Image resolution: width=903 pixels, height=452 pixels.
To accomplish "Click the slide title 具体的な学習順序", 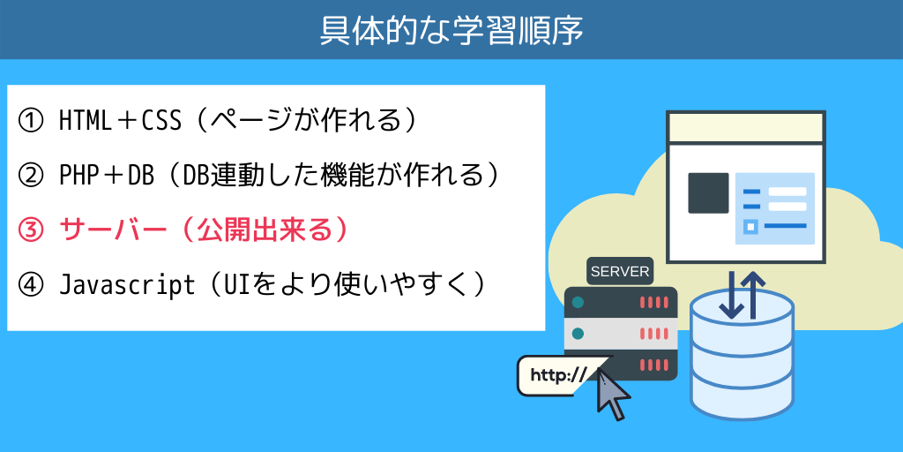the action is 451,31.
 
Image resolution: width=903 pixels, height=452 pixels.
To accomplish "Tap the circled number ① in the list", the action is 31,121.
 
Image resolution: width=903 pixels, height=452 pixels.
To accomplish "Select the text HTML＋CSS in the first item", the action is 120,121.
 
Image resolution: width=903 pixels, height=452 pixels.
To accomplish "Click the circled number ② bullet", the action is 31,176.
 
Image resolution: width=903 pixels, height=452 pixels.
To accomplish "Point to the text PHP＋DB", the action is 107,176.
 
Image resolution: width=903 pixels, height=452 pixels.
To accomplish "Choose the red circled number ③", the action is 31,230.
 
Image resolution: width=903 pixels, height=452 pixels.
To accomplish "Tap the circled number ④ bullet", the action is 31,285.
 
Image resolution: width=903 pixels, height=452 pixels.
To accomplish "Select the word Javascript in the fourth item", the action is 127,285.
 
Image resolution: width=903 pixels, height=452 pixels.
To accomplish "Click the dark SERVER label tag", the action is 620,271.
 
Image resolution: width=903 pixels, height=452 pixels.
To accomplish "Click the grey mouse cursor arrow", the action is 612,394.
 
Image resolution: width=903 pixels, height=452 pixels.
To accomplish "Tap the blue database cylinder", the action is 742,357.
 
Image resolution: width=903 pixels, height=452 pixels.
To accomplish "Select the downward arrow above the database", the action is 731,295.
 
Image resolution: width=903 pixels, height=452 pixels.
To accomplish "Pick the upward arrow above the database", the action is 753,295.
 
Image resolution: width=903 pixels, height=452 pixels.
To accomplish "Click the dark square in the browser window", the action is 708,193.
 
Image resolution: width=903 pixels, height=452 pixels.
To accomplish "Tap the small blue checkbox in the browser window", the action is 750,227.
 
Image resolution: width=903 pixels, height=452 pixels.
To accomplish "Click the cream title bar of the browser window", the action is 746,127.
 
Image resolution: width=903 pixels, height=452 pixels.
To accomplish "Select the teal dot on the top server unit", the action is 578,302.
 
